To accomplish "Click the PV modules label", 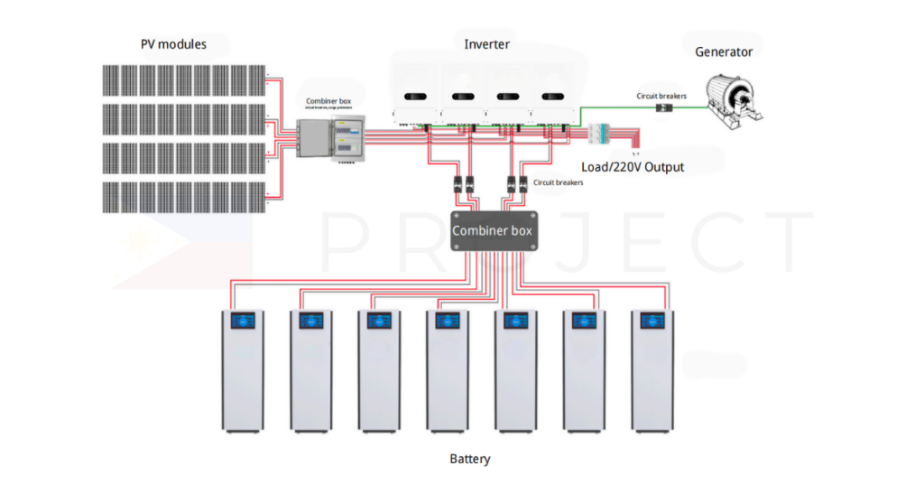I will (173, 44).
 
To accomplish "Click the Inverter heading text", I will (486, 44).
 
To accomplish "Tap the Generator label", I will (724, 51).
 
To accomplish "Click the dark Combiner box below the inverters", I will (493, 231).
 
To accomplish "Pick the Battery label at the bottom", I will (470, 459).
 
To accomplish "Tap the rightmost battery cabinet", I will (652, 370).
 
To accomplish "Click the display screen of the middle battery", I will (448, 321).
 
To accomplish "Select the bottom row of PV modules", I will (183, 198).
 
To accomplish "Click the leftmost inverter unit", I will (416, 102).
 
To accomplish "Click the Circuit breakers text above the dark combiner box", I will (559, 182).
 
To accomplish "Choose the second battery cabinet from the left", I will (311, 370).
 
